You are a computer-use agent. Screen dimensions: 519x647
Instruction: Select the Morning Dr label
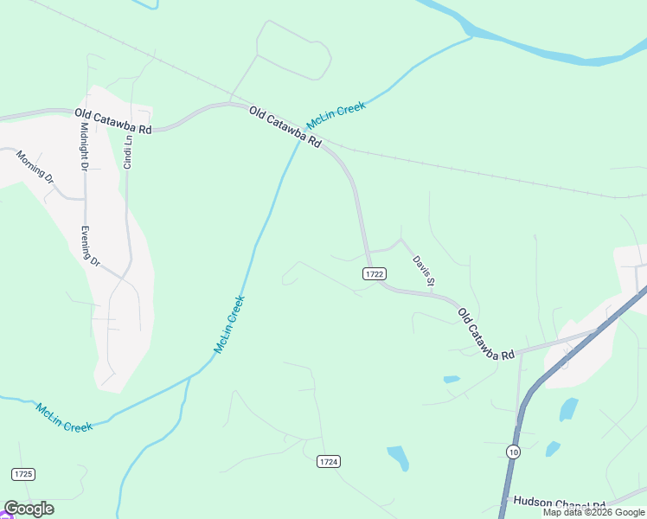click(x=35, y=168)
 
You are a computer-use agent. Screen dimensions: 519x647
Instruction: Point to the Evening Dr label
click(x=91, y=246)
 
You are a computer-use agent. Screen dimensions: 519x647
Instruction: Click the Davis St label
click(x=423, y=270)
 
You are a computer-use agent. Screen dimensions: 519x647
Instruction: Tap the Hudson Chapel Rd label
click(x=559, y=503)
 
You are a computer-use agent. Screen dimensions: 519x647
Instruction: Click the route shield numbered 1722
click(x=374, y=273)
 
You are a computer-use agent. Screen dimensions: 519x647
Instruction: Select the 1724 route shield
click(x=328, y=462)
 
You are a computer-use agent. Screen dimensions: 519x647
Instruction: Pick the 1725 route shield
click(x=23, y=474)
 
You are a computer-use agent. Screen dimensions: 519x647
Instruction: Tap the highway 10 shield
click(x=514, y=452)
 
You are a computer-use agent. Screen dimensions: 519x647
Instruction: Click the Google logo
click(x=29, y=509)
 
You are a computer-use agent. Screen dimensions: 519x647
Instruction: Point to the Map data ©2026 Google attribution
click(x=594, y=512)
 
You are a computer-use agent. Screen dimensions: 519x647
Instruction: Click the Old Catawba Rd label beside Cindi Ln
click(x=113, y=119)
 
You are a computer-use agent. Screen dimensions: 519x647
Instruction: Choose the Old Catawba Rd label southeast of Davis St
click(x=485, y=334)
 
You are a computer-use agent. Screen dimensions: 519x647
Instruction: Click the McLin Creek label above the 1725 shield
click(x=64, y=418)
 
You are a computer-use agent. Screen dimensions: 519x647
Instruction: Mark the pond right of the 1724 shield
click(x=398, y=457)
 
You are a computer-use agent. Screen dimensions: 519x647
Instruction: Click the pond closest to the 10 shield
click(x=553, y=448)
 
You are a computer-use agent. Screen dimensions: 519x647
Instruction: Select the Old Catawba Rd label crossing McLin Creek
click(x=285, y=126)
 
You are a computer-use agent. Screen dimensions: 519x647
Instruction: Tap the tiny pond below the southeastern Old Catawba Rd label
click(x=452, y=379)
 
